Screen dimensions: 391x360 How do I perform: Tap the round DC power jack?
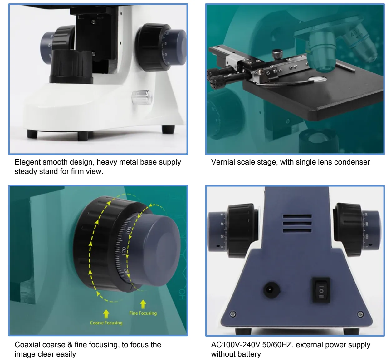point(271,290)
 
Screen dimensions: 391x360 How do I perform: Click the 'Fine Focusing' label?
point(143,313)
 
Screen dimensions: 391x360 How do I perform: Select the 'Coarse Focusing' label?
point(106,323)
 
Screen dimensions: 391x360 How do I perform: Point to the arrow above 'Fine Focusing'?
point(143,304)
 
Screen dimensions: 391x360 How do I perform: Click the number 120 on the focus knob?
point(124,252)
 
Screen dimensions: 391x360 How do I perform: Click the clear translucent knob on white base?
point(142,97)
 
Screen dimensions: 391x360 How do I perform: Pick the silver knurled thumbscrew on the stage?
point(277,54)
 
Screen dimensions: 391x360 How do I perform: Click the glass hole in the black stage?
point(318,79)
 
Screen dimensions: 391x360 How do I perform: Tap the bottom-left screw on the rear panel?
point(233,314)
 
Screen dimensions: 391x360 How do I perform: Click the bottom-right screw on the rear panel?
point(360,314)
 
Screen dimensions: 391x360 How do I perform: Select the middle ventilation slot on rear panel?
point(297,224)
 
